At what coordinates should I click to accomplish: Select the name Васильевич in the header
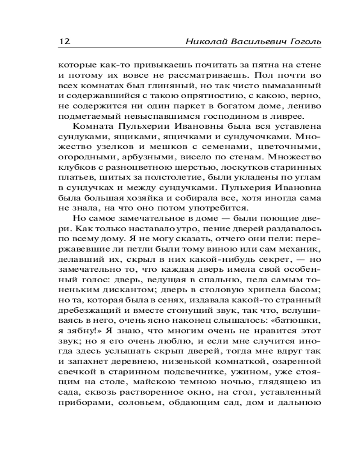tap(255, 42)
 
